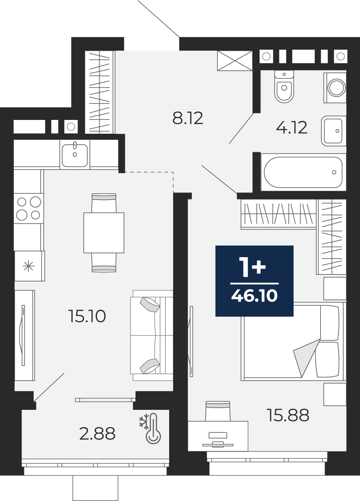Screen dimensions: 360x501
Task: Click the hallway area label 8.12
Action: (188, 118)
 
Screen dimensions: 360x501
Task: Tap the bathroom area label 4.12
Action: (291, 127)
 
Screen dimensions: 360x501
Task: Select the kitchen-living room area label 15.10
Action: (87, 316)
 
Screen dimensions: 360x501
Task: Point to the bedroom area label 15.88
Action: (288, 416)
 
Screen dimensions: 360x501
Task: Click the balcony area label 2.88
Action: (97, 434)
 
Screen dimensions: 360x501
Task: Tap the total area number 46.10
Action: (254, 296)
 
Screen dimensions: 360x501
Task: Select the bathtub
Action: (303, 172)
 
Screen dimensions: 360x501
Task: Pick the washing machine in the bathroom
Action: (335, 88)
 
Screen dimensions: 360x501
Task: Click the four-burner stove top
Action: (28, 208)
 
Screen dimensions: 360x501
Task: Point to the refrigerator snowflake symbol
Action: (29, 266)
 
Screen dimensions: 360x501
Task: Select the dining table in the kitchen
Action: (104, 233)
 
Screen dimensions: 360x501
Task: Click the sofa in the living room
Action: (151, 335)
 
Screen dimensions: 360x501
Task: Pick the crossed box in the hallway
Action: (234, 61)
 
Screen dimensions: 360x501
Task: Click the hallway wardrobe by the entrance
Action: (100, 92)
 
